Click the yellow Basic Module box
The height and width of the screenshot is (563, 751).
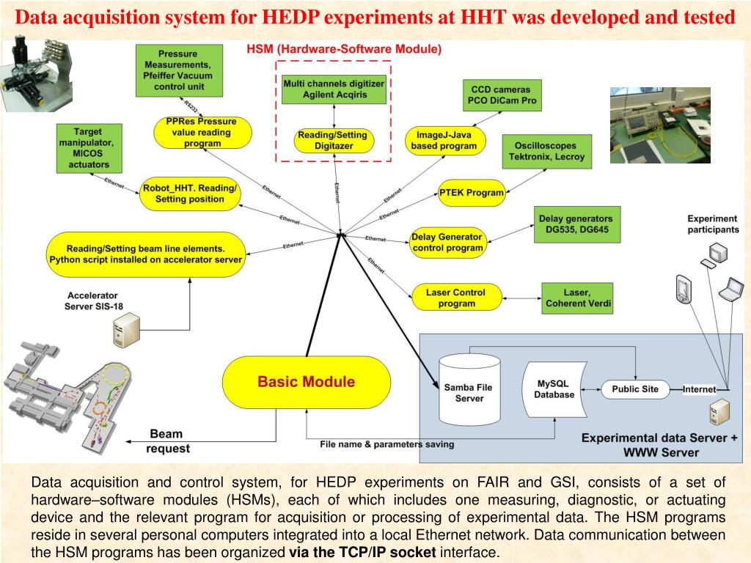pyautogui.click(x=305, y=382)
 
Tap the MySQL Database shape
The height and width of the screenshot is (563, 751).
pyautogui.click(x=554, y=389)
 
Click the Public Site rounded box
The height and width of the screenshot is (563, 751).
pyautogui.click(x=635, y=389)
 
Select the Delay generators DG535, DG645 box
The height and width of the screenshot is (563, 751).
pyautogui.click(x=576, y=224)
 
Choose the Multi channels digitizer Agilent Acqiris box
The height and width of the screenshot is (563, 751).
pyautogui.click(x=334, y=89)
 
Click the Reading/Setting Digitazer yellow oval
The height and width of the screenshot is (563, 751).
pyautogui.click(x=334, y=140)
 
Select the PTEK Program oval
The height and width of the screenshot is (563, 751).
pyautogui.click(x=472, y=193)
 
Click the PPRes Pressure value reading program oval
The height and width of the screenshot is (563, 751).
pyautogui.click(x=202, y=133)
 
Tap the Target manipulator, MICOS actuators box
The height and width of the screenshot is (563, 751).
pyautogui.click(x=88, y=147)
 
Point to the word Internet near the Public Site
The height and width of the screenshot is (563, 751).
pyautogui.click(x=699, y=389)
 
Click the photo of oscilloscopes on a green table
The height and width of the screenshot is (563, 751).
pyautogui.click(x=660, y=125)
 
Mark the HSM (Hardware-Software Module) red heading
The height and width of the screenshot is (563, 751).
pyautogui.click(x=344, y=50)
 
